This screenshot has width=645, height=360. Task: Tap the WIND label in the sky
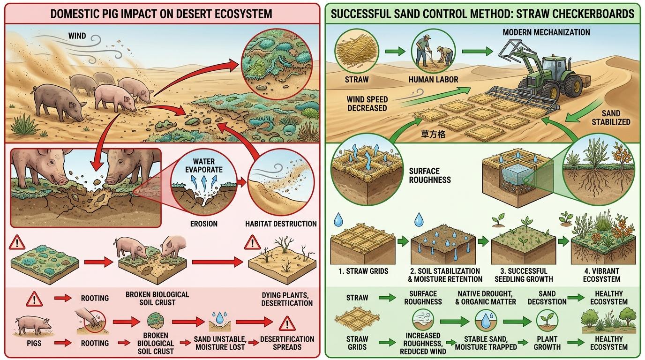click(x=77, y=36)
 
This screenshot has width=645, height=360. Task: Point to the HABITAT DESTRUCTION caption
click(x=281, y=224)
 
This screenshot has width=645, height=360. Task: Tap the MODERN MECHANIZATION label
click(x=546, y=32)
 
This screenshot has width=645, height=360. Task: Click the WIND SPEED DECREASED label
click(x=367, y=104)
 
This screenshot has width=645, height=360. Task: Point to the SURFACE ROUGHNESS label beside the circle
click(x=430, y=175)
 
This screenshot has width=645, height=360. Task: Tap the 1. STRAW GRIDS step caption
click(x=357, y=271)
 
